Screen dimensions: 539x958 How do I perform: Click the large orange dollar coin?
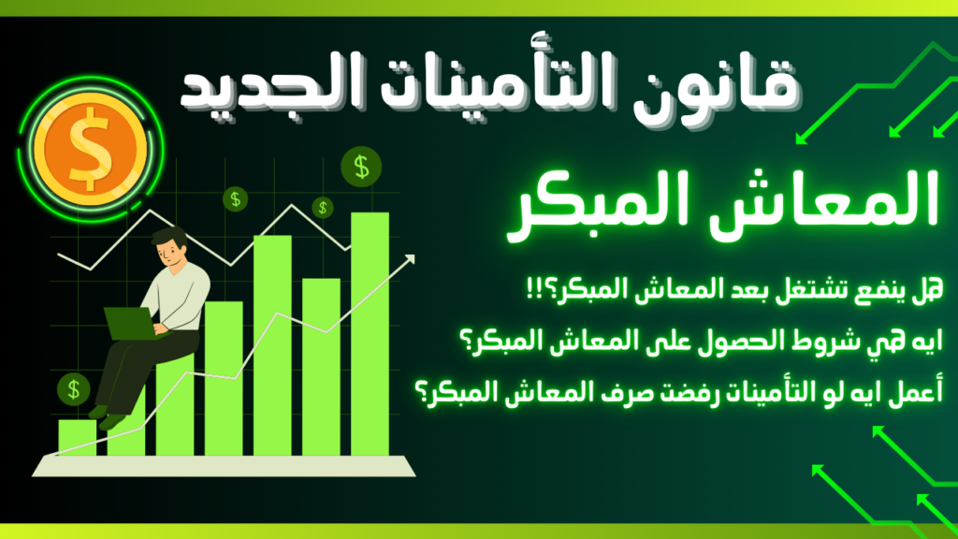point(88,144)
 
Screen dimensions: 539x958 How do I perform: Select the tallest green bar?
point(370,332)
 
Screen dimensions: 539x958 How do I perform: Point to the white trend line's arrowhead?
point(409,261)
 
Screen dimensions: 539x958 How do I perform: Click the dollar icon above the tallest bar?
point(360,168)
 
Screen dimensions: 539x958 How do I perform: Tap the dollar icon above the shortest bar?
point(74,387)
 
